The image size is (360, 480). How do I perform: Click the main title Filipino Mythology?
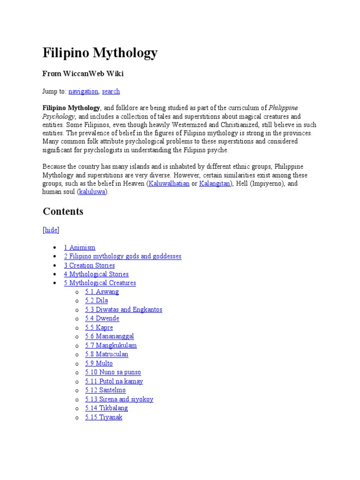tap(100, 53)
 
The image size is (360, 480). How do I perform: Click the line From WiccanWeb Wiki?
tap(83, 74)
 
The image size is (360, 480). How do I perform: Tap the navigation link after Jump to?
tap(83, 91)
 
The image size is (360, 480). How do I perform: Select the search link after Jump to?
tap(111, 91)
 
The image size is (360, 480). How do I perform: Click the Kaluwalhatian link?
tap(169, 183)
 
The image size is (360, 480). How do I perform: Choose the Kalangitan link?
tap(214, 183)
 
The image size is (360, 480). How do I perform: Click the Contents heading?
tap(63, 211)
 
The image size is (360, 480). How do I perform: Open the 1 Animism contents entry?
tap(80, 247)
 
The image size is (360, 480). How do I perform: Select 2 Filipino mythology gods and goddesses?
tap(123, 256)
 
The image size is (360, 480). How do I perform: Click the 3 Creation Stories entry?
tap(90, 265)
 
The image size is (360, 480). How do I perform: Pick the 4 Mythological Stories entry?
tap(96, 274)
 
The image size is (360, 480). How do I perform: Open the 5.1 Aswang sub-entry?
tap(102, 292)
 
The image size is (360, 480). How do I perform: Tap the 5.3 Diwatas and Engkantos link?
tap(123, 309)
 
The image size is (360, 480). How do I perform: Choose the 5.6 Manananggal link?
tap(109, 336)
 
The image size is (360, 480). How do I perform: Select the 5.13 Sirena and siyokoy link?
tap(119, 399)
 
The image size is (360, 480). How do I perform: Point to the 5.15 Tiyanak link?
tap(104, 417)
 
